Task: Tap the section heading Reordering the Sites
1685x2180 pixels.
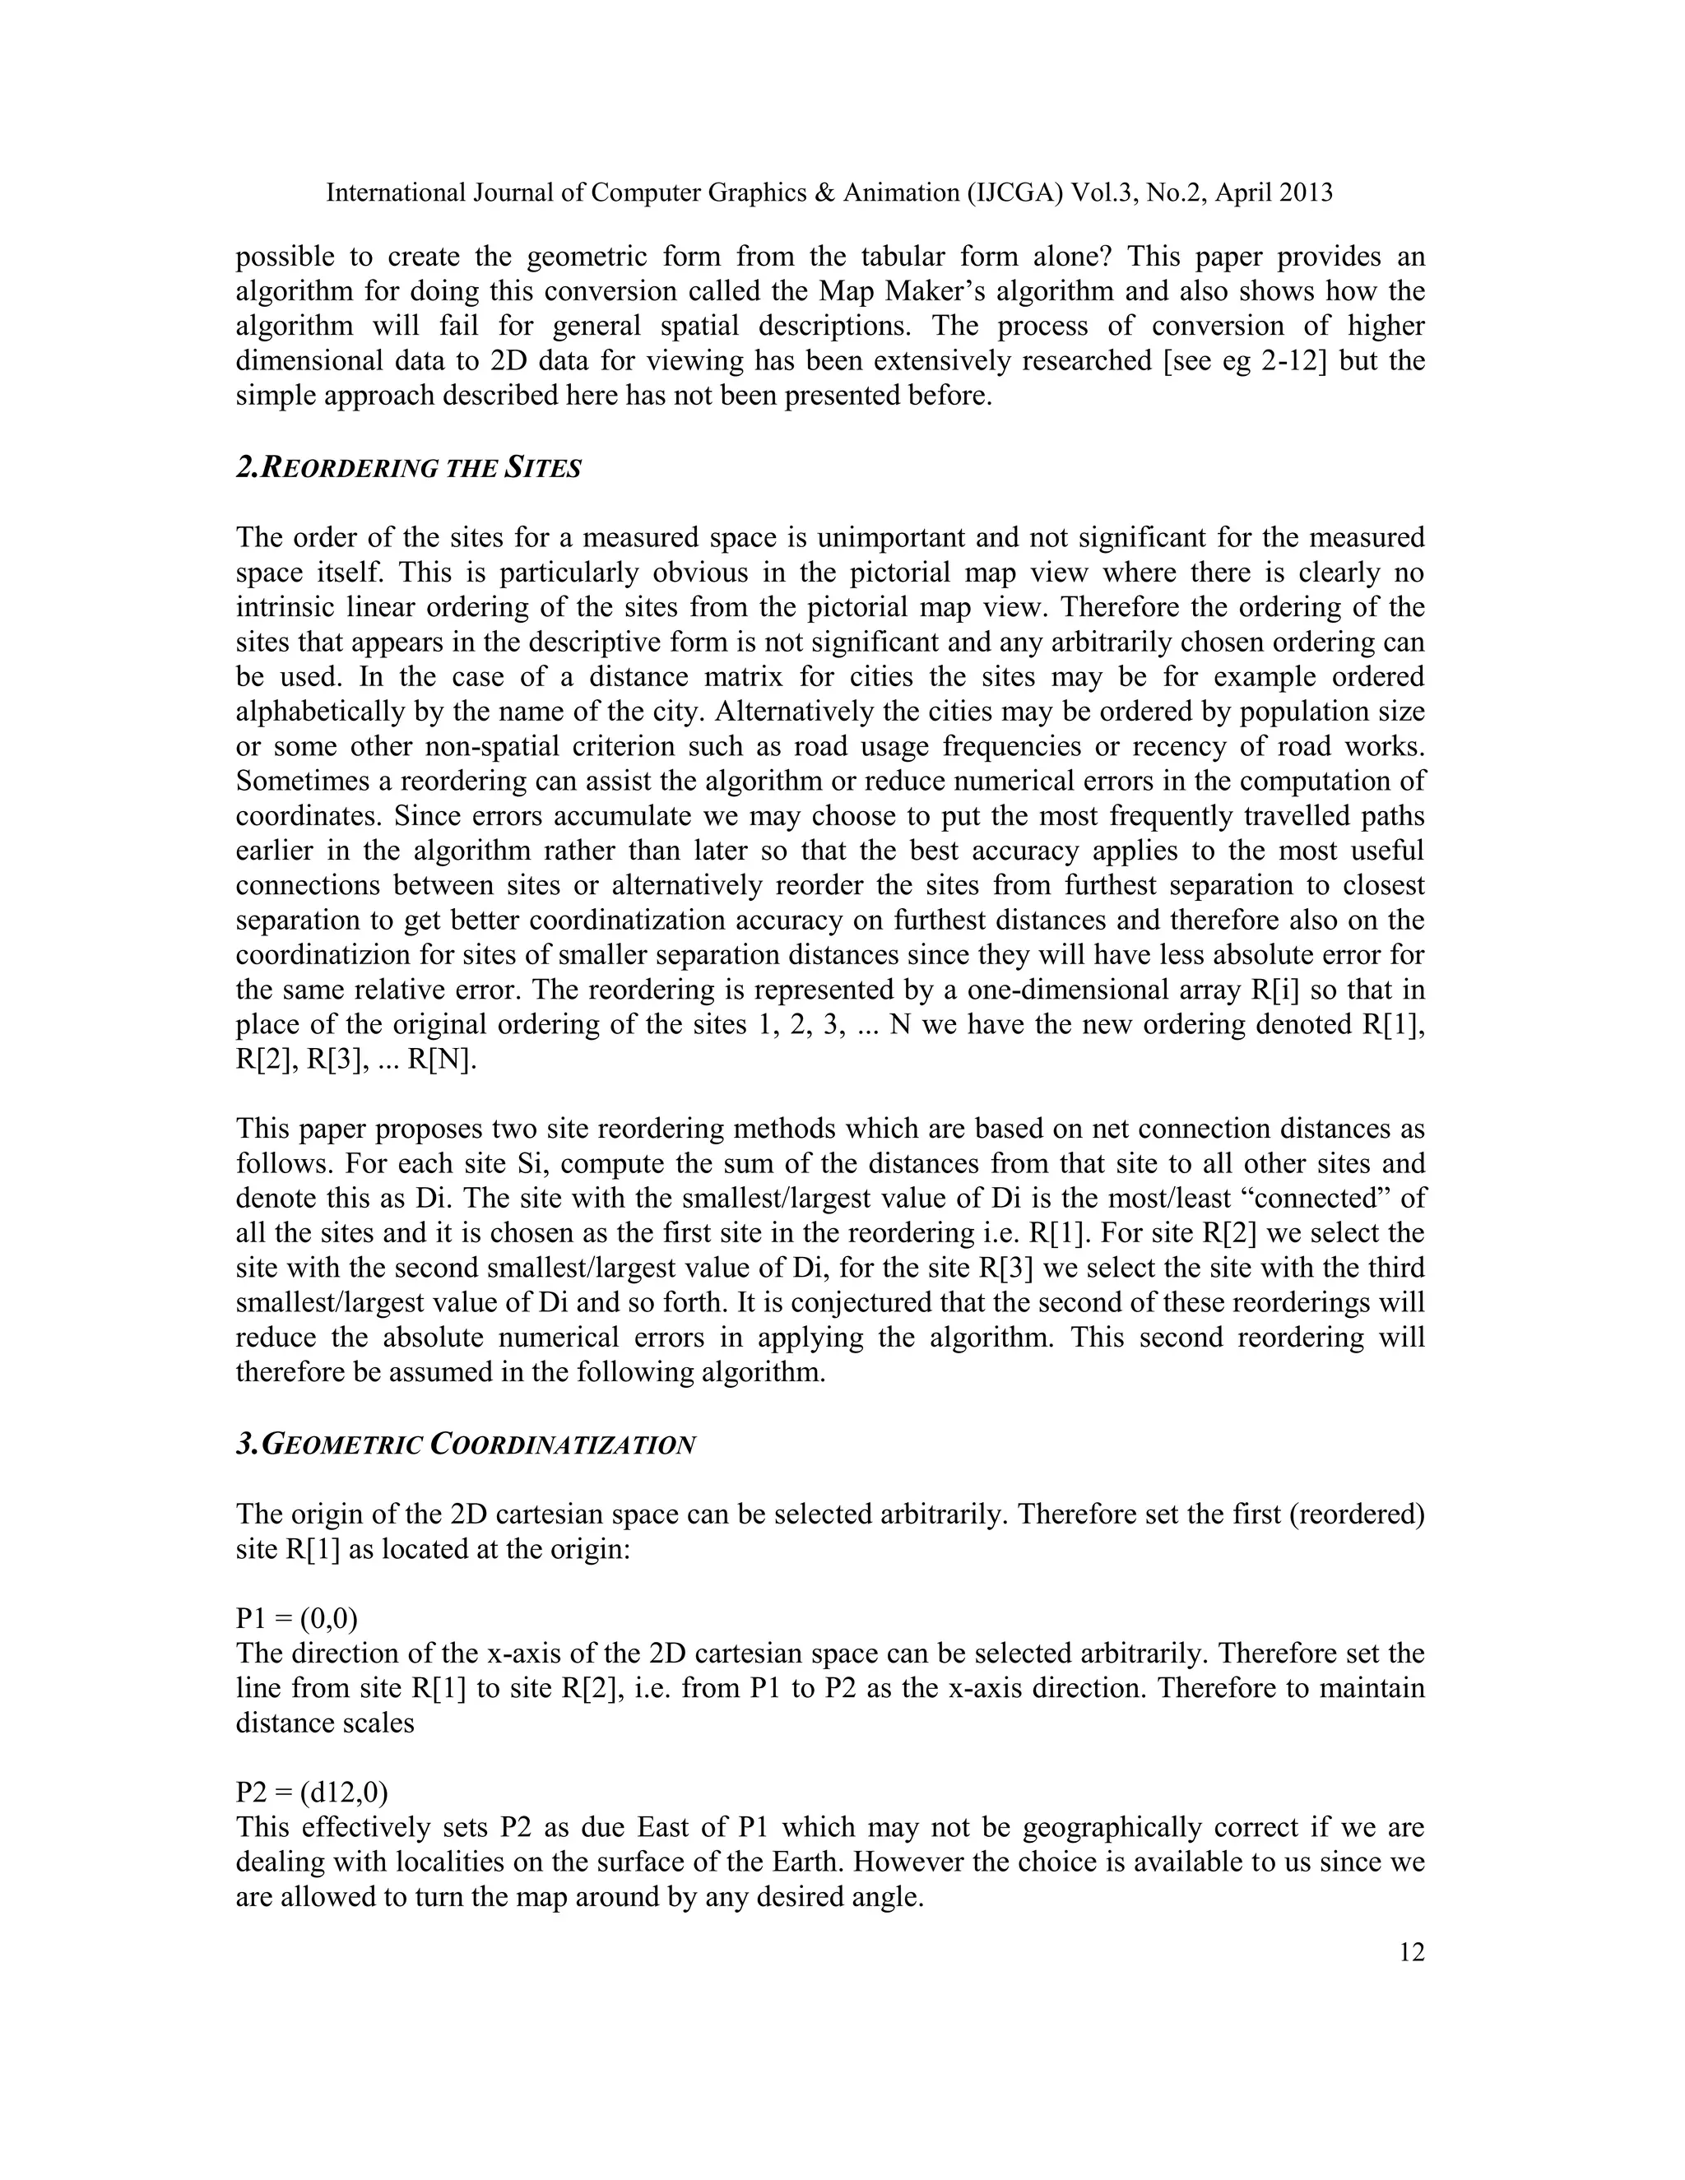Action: click(408, 468)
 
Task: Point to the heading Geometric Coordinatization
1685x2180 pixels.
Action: click(465, 1445)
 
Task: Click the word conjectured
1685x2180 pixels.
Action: click(686, 1302)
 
